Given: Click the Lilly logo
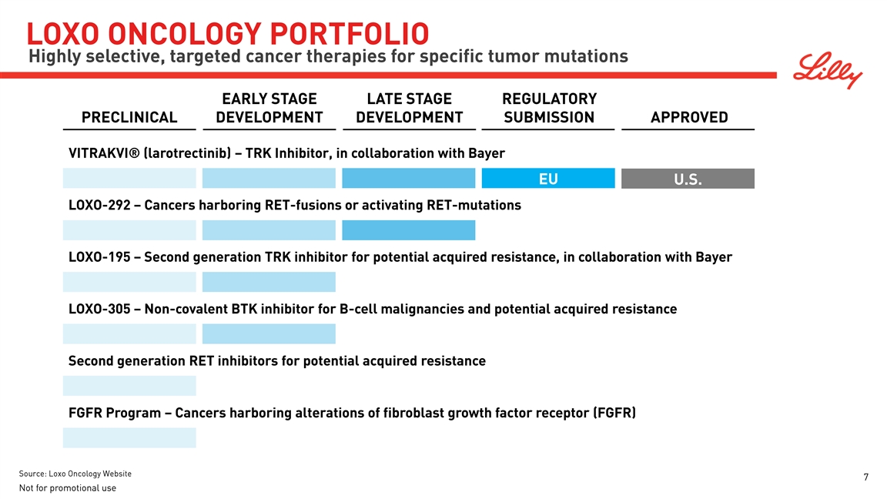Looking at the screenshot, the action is tap(827, 70).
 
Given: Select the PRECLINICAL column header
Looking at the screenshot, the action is tap(129, 117).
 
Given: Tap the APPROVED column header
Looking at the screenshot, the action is tap(689, 117).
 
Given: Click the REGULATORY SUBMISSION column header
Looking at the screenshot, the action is tap(549, 108).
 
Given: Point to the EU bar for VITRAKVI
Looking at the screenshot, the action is tap(548, 178).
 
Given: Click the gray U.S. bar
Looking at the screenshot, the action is tap(688, 178).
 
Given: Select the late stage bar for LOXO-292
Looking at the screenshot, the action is tap(408, 230).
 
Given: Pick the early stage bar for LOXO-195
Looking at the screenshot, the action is tap(269, 282).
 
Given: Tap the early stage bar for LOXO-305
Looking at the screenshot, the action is tap(269, 333).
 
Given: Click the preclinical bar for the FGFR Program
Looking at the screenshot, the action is tap(129, 438).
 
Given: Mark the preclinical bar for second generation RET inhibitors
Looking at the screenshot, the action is tap(129, 386).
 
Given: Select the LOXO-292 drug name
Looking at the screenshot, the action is tap(99, 206).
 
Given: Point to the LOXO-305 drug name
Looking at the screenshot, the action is tap(99, 309).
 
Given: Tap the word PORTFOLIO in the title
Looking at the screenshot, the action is tap(349, 34).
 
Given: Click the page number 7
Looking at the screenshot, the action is tap(865, 477).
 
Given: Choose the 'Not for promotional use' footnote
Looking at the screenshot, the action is tap(67, 487).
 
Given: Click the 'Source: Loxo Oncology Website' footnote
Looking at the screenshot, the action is tap(75, 474).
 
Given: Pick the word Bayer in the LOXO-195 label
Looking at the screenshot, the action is tap(714, 257).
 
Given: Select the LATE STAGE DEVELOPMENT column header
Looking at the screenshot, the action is tap(409, 108).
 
